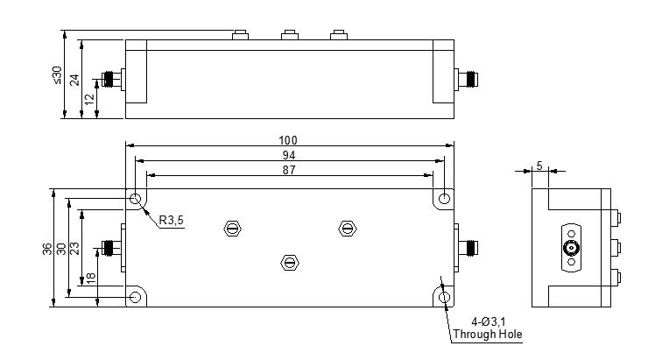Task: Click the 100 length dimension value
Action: click(x=288, y=140)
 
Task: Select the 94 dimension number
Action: click(x=288, y=154)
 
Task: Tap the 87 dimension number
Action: click(x=288, y=169)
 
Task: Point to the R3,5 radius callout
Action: click(x=172, y=220)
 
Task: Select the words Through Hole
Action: click(x=487, y=334)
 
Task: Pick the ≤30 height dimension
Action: click(x=57, y=74)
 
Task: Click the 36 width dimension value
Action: click(x=46, y=249)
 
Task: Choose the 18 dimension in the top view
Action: click(x=90, y=278)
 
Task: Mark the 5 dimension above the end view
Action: click(x=539, y=166)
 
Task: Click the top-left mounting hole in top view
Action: click(x=136, y=200)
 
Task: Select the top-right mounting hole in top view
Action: click(x=445, y=200)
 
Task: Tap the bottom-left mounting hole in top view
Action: click(x=136, y=298)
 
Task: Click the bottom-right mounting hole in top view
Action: click(x=445, y=298)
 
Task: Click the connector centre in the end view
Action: click(x=571, y=248)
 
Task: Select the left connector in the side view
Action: click(x=112, y=80)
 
